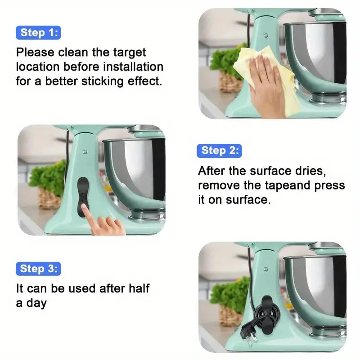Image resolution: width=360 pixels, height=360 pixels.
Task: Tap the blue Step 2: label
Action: [219, 150]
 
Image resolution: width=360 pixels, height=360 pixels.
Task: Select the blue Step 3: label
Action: [39, 269]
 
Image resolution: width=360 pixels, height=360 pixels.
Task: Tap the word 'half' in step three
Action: [136, 288]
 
